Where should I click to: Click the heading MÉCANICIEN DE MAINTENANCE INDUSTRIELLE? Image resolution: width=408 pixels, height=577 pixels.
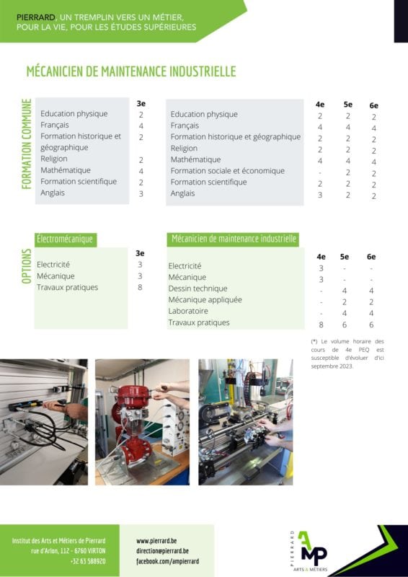131,71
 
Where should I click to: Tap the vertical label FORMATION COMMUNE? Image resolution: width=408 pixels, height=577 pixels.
27,144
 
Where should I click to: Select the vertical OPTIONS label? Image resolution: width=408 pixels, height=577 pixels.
27,266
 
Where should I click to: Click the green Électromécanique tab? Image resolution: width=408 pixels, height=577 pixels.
65,239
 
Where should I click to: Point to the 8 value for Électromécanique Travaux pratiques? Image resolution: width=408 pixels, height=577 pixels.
140,287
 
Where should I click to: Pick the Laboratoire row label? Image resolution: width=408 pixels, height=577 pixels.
188,311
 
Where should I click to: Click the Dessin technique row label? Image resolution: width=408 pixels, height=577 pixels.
198,288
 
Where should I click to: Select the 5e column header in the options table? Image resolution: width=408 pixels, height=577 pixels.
345,257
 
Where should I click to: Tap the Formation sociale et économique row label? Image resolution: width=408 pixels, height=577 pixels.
227,171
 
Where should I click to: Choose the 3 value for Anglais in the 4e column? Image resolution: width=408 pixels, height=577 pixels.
320,195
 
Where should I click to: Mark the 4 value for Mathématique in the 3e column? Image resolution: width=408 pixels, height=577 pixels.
141,171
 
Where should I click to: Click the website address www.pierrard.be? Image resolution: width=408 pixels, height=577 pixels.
156,541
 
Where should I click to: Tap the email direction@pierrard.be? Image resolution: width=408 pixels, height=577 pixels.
163,551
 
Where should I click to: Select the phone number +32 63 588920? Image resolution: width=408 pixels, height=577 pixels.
88,561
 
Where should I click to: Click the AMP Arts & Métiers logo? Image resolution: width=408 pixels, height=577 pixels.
309,551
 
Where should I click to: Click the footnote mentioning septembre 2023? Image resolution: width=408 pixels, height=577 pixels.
347,353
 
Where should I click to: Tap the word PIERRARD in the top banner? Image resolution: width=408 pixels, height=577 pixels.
36,17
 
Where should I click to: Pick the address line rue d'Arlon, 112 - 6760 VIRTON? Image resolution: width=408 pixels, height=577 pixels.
68,551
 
